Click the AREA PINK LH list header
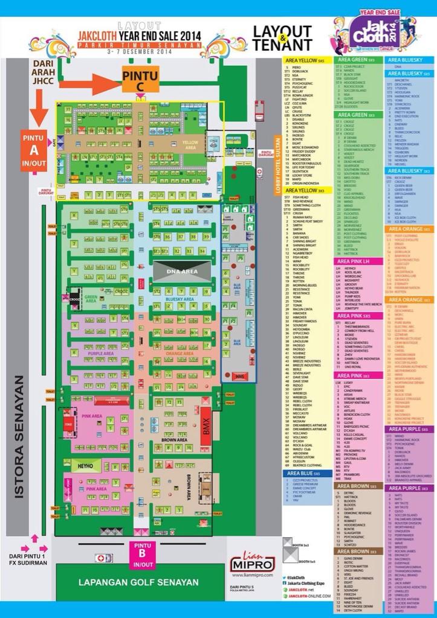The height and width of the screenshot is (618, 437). pos(361,260)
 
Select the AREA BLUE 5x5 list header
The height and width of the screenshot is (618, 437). pos(308,473)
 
